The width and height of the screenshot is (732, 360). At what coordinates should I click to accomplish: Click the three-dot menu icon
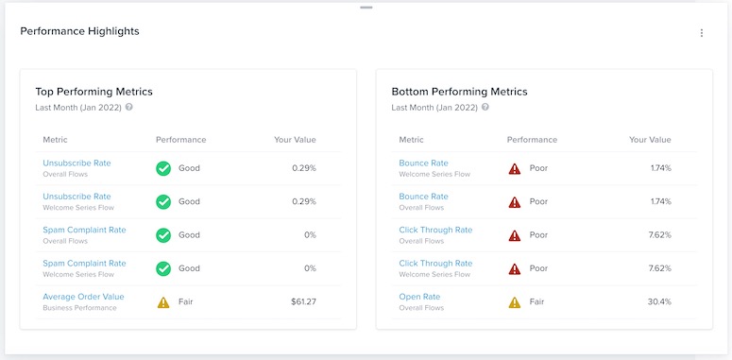(701, 33)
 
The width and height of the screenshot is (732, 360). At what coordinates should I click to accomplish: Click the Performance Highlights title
(79, 31)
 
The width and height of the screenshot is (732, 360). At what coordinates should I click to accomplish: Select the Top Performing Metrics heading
(94, 92)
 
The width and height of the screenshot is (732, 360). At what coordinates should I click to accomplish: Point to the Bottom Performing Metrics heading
(459, 92)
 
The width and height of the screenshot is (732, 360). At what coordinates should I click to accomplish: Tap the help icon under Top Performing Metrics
(129, 108)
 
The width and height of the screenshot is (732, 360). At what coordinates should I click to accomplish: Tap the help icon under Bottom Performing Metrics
(485, 108)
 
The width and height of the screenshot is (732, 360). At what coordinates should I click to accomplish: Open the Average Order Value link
(83, 297)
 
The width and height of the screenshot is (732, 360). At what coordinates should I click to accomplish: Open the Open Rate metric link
(419, 297)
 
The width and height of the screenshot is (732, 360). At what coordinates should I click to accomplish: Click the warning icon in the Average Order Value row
(162, 302)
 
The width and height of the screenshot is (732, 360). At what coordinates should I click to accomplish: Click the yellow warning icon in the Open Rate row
(514, 302)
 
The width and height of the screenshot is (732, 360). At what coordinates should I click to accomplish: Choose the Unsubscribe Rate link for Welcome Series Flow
(77, 197)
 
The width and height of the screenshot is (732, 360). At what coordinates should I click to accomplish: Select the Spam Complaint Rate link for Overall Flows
(84, 230)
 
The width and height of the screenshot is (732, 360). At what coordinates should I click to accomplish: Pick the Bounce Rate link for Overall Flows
(423, 197)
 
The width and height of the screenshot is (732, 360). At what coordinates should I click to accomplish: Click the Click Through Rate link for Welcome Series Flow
(435, 264)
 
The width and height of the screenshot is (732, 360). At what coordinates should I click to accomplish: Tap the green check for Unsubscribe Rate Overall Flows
(162, 168)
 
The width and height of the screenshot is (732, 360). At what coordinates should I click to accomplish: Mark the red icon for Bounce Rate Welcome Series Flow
(514, 168)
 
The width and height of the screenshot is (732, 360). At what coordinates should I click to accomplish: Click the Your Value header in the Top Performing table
(295, 140)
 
